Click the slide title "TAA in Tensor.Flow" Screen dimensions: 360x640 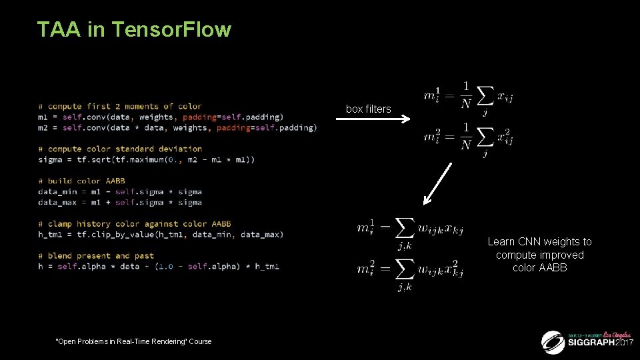coord(134,30)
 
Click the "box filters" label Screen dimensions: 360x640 coord(368,109)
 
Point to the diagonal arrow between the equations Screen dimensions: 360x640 coord(437,182)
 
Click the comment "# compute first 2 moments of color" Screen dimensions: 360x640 coord(120,107)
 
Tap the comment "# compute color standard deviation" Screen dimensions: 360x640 coord(120,149)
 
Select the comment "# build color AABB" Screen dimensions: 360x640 coord(81,181)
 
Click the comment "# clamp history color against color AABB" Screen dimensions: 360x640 coord(135,224)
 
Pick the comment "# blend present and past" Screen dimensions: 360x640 coord(96,256)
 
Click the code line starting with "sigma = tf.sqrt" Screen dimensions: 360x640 coord(137,160)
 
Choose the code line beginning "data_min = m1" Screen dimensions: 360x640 coord(120,192)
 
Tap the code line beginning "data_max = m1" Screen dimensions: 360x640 coord(120,203)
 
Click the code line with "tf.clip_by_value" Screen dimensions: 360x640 coord(160,235)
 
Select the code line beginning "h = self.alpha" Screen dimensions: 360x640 coord(159,267)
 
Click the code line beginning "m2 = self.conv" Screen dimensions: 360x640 coord(177,128)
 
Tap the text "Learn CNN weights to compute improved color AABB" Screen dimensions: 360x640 coord(539,255)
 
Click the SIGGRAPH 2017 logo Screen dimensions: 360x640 coord(587,341)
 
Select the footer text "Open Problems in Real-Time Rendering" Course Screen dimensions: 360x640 coord(134,341)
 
